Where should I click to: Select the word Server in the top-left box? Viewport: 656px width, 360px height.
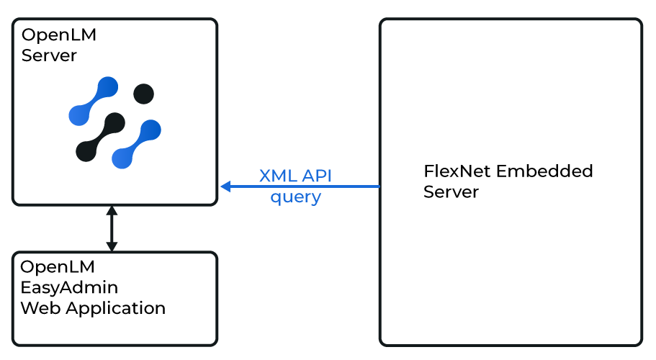49,55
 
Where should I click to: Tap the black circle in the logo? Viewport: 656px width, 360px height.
143,94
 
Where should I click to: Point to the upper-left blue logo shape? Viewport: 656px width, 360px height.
92,100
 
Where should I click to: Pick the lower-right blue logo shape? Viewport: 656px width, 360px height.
137,144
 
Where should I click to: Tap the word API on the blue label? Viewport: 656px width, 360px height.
317,176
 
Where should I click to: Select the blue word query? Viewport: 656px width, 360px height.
295,197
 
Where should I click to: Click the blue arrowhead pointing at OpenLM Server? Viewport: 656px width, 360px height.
225,186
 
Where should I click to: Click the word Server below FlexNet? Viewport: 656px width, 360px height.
451,192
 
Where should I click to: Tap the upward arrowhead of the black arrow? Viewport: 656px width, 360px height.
111,211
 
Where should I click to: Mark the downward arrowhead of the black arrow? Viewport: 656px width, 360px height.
111,246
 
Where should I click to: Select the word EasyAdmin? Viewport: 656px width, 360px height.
69,288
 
